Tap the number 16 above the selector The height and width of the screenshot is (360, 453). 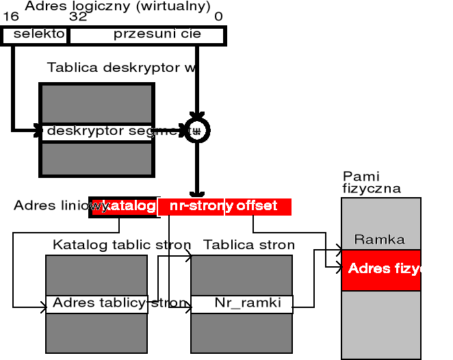[10, 16]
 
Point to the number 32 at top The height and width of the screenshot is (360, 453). [77, 16]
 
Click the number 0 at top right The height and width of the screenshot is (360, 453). [218, 16]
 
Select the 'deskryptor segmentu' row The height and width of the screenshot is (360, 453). [109, 131]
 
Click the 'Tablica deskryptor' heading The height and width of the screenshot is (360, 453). [122, 68]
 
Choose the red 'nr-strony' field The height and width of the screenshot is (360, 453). [192, 206]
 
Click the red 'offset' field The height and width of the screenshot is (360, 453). [258, 206]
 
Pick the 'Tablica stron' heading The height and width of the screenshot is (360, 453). [249, 244]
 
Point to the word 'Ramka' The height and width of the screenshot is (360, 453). [379, 240]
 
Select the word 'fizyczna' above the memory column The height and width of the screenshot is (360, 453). [371, 189]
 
